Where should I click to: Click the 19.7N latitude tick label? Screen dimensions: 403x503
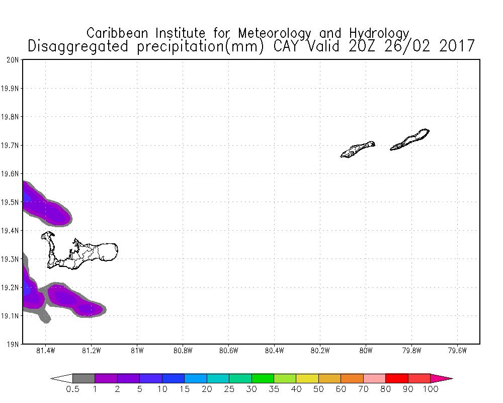pyautogui.click(x=11, y=146)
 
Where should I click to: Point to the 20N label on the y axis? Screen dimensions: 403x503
pyautogui.click(x=13, y=60)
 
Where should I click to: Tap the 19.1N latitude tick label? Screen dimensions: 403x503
pyautogui.click(x=11, y=316)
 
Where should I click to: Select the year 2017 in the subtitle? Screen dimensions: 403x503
pyautogui.click(x=457, y=46)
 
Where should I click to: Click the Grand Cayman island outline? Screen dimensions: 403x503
pyautogui.click(x=91, y=252)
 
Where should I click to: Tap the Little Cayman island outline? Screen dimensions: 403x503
pyautogui.click(x=357, y=150)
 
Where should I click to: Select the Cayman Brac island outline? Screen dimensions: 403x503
pyautogui.click(x=410, y=140)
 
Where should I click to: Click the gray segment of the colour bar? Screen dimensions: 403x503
pyautogui.click(x=83, y=378)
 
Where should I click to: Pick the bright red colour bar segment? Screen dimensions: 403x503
pyautogui.click(x=397, y=378)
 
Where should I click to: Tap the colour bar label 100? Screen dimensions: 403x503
pyautogui.click(x=431, y=389)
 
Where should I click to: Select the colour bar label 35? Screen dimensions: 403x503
pyautogui.click(x=274, y=389)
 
